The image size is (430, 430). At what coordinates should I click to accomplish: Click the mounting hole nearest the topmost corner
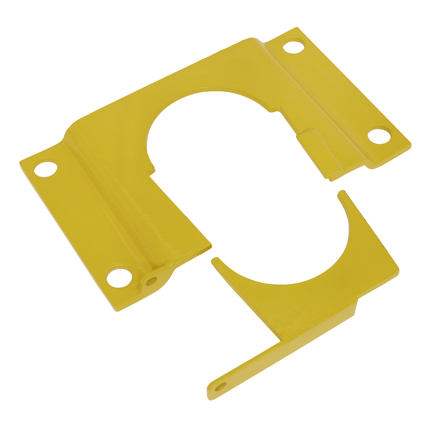click(x=293, y=47)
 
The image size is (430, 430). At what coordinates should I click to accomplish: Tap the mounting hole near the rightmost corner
click(x=379, y=136)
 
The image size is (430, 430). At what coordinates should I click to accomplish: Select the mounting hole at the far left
click(x=46, y=169)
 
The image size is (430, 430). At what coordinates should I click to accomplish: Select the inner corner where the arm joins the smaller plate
click(x=280, y=341)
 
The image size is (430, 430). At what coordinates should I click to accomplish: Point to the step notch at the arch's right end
click(x=275, y=110)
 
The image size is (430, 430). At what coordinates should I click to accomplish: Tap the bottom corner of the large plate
click(x=118, y=310)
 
